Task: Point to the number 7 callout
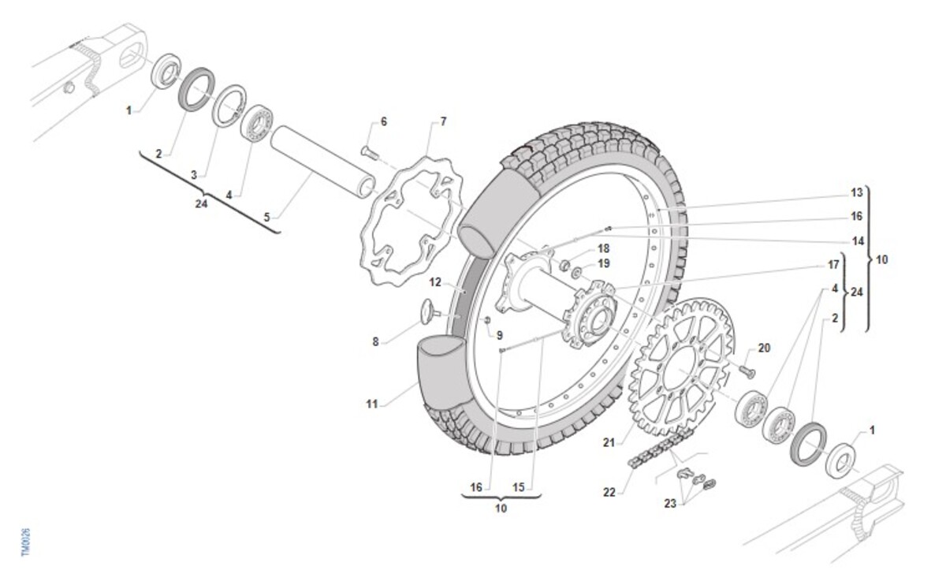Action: tap(443, 121)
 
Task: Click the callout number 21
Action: tap(608, 443)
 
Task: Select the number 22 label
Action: tap(609, 493)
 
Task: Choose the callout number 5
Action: tap(266, 215)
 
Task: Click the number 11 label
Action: tap(372, 404)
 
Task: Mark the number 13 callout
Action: tap(857, 193)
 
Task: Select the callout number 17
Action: tap(833, 266)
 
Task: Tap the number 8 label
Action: tap(375, 342)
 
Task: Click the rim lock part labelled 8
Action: tap(427, 310)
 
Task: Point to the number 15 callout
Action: tap(518, 487)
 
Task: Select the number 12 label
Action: tap(435, 281)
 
